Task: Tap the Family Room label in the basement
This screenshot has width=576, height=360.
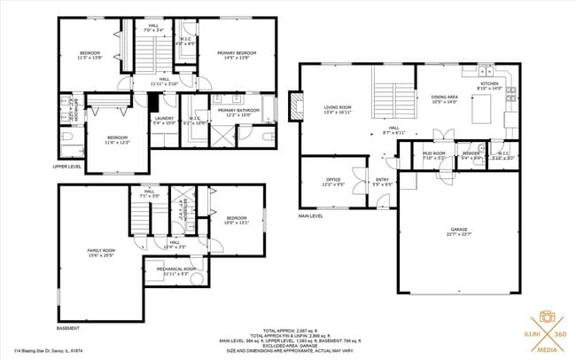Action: click(100, 253)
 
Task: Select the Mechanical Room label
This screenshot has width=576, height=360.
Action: click(175, 270)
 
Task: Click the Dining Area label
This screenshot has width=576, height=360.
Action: click(444, 99)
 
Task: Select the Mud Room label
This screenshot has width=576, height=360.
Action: click(433, 155)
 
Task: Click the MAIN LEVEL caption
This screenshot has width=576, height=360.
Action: click(310, 215)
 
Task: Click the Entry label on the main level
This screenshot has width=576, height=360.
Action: click(382, 182)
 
